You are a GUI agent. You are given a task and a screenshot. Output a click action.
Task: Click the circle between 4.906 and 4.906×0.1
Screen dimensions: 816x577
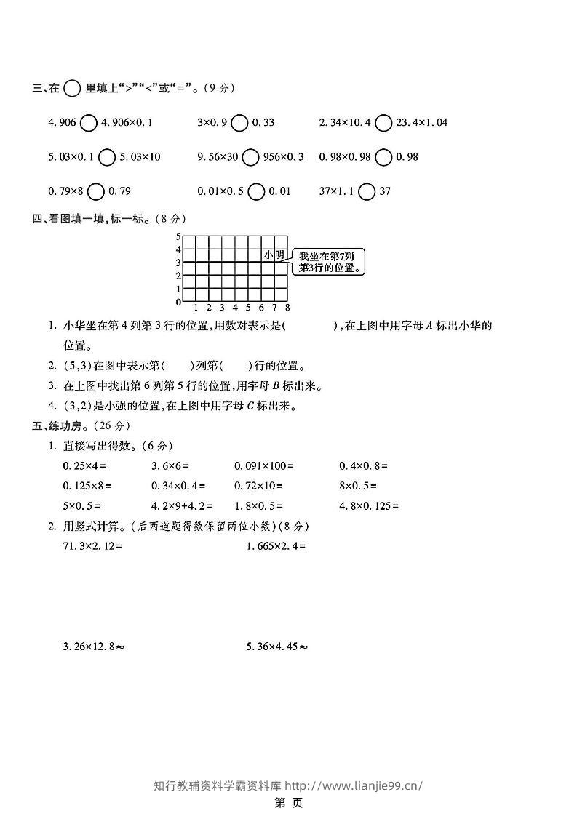pyautogui.click(x=88, y=123)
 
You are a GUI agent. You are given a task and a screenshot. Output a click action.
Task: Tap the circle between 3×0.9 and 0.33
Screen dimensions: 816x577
pyautogui.click(x=239, y=123)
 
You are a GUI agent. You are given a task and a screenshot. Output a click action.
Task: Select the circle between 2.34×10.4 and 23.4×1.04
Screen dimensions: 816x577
pyautogui.click(x=383, y=123)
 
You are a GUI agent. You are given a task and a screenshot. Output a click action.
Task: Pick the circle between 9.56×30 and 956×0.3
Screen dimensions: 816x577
pyautogui.click(x=250, y=157)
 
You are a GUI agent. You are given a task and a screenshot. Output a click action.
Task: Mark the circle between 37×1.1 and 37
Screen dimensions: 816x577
pyautogui.click(x=367, y=192)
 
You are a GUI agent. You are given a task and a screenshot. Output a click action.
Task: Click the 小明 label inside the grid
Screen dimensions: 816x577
pyautogui.click(x=274, y=255)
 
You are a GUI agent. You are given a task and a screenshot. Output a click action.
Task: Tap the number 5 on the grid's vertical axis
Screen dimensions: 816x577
pyautogui.click(x=178, y=237)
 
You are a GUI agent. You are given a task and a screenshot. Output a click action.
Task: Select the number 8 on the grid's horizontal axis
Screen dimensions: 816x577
pyautogui.click(x=287, y=307)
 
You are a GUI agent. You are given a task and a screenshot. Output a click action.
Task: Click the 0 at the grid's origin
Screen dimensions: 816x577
pyautogui.click(x=178, y=302)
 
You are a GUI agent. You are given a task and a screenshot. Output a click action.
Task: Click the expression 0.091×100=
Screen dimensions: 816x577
pyautogui.click(x=263, y=465)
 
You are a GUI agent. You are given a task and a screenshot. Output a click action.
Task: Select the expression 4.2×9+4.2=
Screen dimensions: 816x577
pyautogui.click(x=181, y=506)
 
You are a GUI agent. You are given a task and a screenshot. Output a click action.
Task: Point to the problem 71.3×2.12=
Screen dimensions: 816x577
pyautogui.click(x=92, y=545)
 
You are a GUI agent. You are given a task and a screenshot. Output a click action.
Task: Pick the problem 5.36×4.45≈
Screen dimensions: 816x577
pyautogui.click(x=276, y=645)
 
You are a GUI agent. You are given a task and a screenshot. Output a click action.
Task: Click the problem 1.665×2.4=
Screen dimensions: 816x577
pyautogui.click(x=276, y=545)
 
